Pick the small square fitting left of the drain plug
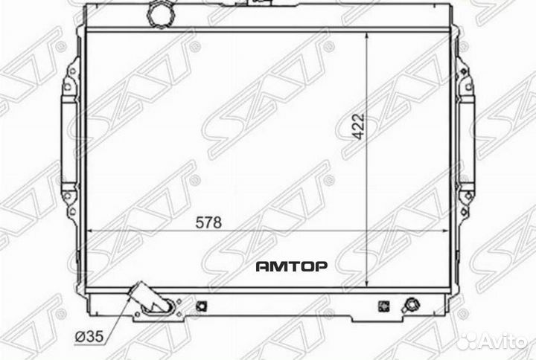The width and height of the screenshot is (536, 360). [385, 305]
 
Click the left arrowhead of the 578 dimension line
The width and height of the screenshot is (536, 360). [92, 231]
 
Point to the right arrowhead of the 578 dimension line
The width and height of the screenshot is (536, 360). [450, 231]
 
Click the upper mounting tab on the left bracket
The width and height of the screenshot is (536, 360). [68, 81]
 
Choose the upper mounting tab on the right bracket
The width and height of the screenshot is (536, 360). [465, 81]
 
